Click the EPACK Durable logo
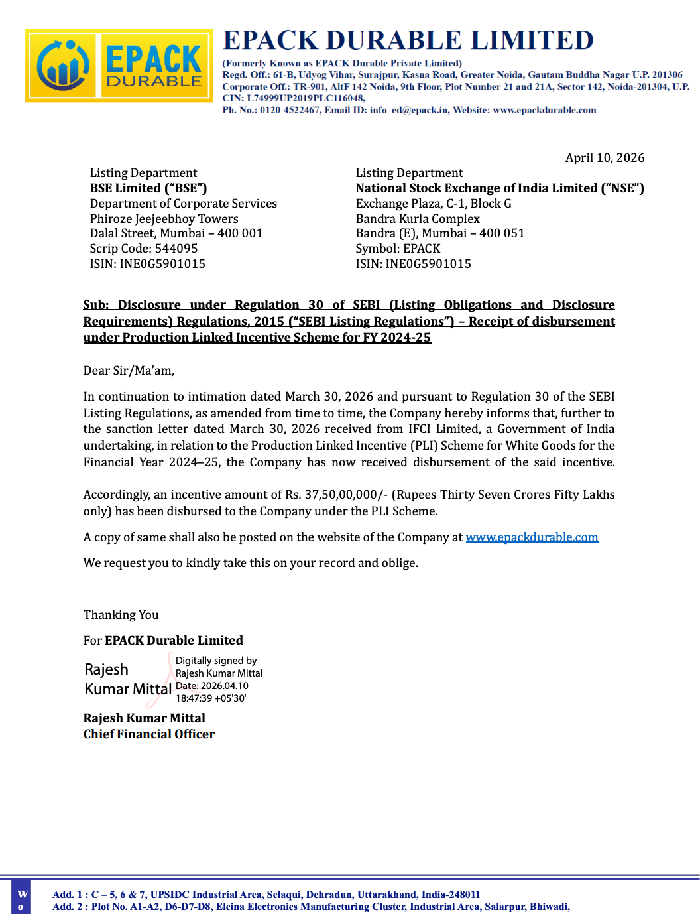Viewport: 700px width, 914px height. pyautogui.click(x=119, y=66)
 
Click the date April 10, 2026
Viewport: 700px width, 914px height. pyautogui.click(x=605, y=158)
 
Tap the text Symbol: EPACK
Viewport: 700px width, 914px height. pyautogui.click(x=398, y=249)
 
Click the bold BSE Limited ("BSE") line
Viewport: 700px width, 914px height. pyautogui.click(x=148, y=188)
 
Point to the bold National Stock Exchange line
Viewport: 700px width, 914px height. pyautogui.click(x=500, y=188)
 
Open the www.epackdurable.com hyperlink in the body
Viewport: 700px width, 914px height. pyautogui.click(x=532, y=537)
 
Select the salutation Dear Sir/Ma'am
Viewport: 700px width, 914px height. pyautogui.click(x=129, y=371)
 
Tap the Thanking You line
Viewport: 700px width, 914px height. pyautogui.click(x=121, y=615)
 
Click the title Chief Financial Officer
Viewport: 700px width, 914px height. pyautogui.click(x=149, y=734)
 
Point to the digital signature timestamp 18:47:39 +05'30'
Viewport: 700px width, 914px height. pyautogui.click(x=211, y=698)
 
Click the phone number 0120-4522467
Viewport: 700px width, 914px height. pyautogui.click(x=290, y=110)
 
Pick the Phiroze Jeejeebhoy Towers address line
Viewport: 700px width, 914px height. pyautogui.click(x=164, y=219)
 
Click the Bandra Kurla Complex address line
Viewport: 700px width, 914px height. pyautogui.click(x=418, y=219)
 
